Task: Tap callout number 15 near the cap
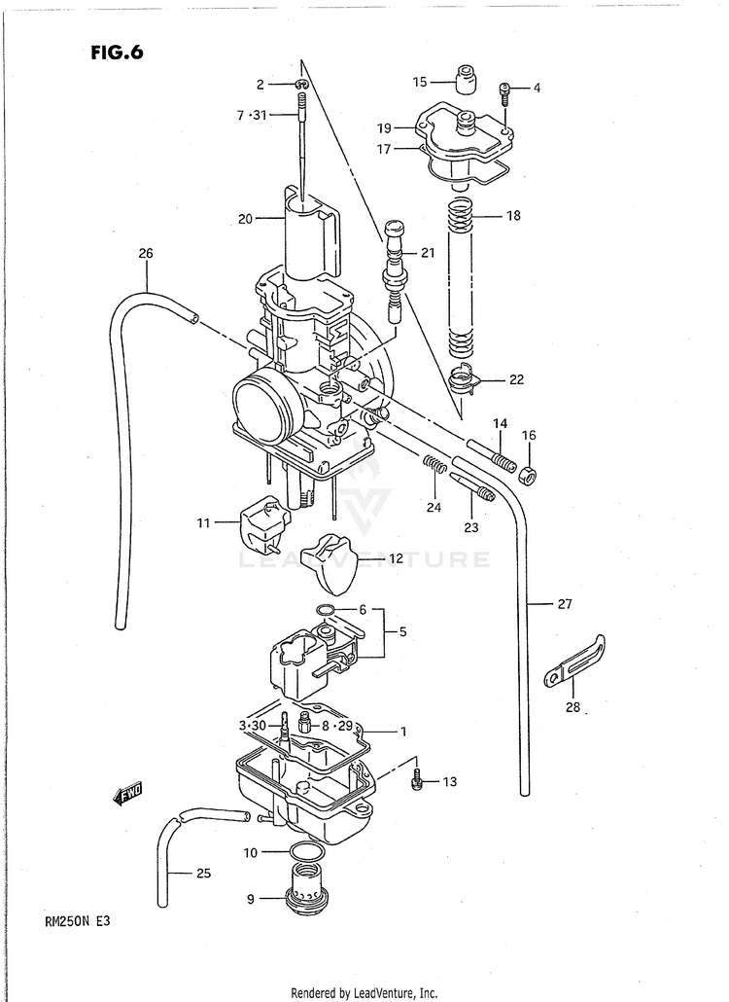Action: click(420, 81)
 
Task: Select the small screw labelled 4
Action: click(505, 90)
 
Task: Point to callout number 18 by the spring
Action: click(512, 215)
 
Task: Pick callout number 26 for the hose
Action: click(145, 254)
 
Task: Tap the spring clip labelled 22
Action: click(467, 378)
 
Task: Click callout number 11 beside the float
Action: click(203, 523)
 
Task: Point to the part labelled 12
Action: click(328, 565)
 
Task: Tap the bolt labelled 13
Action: click(417, 779)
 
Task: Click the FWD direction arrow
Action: click(127, 795)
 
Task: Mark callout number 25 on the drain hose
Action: click(202, 873)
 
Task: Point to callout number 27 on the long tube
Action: click(564, 603)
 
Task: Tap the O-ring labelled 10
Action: click(307, 853)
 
